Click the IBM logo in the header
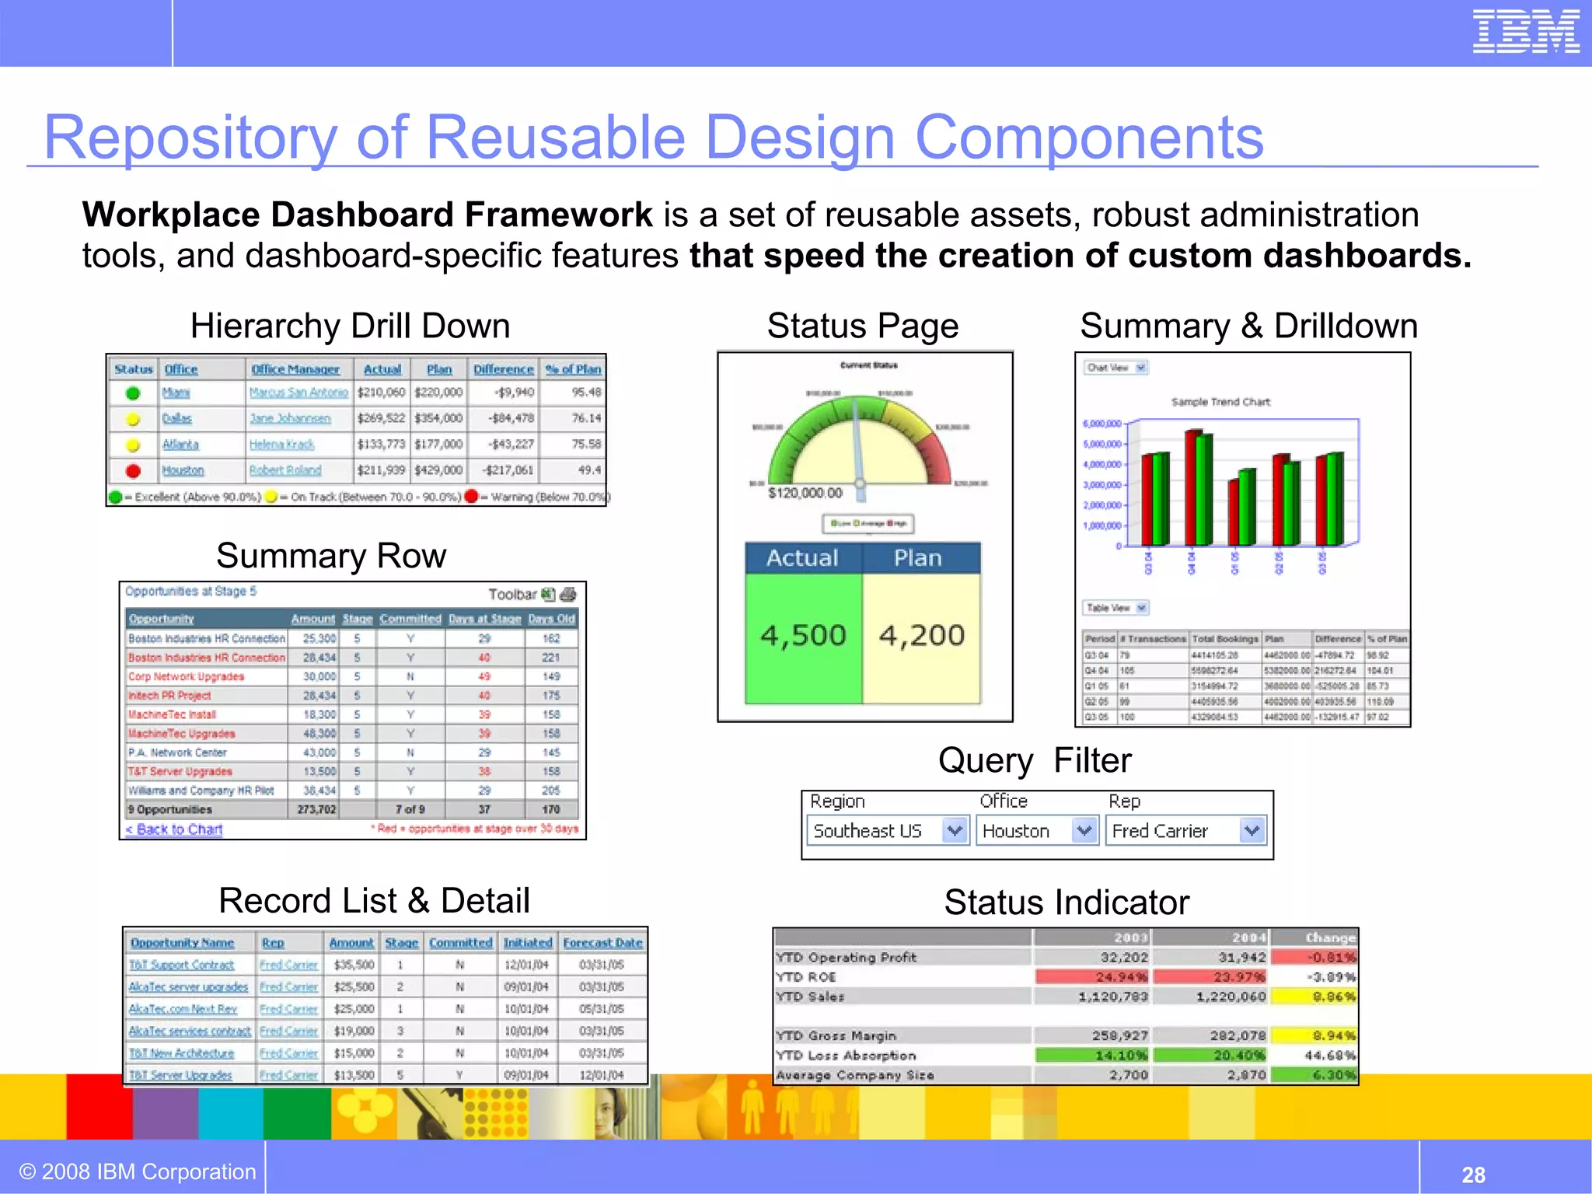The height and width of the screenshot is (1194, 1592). [1525, 32]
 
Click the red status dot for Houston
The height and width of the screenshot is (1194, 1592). [133, 470]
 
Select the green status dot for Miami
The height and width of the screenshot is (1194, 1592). [133, 393]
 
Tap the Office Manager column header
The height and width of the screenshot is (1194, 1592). [295, 369]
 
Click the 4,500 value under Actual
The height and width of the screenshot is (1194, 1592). [803, 636]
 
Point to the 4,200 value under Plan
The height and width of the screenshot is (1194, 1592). [921, 636]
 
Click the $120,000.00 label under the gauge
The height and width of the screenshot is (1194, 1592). [805, 493]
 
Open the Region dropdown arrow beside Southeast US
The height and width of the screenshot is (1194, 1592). [955, 831]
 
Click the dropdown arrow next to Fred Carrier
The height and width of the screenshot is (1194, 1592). [1252, 831]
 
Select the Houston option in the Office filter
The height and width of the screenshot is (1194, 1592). [1016, 831]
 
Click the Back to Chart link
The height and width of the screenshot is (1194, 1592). [174, 829]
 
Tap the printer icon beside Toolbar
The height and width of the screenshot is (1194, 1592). [568, 595]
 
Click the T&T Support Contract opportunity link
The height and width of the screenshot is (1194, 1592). [182, 965]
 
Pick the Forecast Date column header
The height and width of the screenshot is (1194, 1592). [602, 943]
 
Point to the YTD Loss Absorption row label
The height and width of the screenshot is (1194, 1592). [846, 1056]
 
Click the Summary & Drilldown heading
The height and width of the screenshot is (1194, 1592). [1248, 326]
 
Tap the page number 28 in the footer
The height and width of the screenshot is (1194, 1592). [1473, 1175]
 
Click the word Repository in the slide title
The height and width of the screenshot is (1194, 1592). [190, 138]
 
